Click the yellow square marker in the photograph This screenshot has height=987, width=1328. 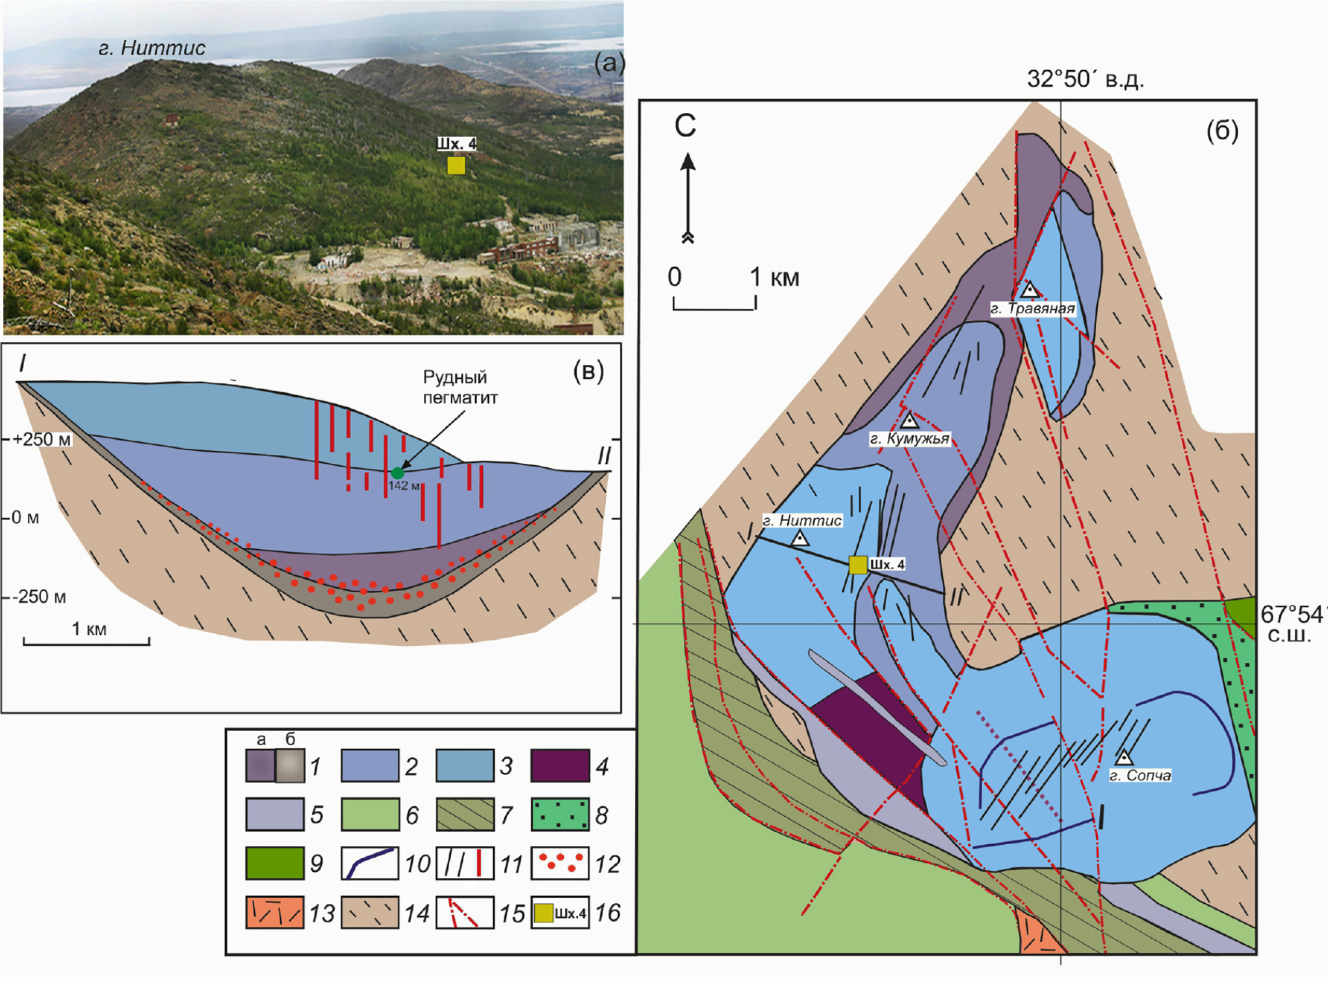pos(456,166)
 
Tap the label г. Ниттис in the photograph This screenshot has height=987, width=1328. pos(151,48)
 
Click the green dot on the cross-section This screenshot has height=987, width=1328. pos(398,473)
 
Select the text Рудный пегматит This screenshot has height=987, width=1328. pos(460,387)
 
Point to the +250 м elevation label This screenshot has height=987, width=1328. pos(42,439)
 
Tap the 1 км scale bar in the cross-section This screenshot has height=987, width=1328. pos(86,641)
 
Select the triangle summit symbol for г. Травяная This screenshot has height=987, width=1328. pos(1029,290)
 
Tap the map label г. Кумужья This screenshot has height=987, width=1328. pos(909,439)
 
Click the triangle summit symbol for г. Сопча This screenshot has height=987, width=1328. pos(1123,758)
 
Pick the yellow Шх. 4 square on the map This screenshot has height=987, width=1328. pos(858,565)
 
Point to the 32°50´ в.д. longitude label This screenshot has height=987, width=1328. pos(1085,79)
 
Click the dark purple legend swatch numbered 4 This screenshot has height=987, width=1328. pos(560,765)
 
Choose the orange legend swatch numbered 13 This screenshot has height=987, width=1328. pos(274,912)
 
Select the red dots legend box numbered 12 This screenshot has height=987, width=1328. pos(560,863)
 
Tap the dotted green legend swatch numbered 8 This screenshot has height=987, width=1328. pos(560,815)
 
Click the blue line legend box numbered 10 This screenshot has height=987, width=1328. pos(369,863)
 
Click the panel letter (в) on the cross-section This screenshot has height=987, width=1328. pos(588,371)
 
